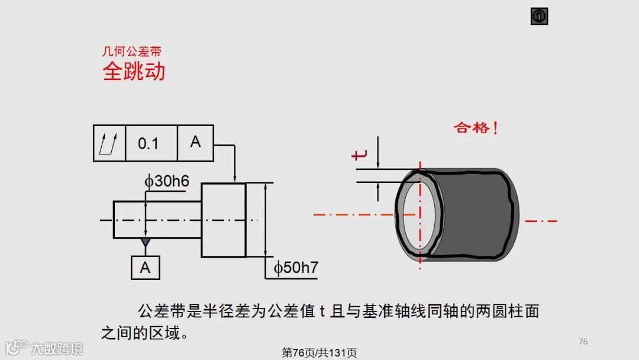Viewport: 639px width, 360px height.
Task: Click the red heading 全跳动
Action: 134,71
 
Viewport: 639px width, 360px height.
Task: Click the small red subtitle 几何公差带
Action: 131,52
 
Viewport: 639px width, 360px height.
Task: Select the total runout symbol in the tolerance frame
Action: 109,143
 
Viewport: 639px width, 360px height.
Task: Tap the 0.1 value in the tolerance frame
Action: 148,143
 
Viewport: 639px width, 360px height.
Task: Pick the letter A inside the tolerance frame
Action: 195,142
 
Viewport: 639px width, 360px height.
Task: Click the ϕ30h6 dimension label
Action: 167,181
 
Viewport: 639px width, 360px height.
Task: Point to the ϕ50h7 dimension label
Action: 296,268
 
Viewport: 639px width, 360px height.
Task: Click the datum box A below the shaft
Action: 145,268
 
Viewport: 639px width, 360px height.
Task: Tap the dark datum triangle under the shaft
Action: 145,243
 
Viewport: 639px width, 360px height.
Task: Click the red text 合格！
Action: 476,127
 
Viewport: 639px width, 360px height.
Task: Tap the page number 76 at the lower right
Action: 583,342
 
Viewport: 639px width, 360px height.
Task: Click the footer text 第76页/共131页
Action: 319,353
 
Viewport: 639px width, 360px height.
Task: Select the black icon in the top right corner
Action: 539,17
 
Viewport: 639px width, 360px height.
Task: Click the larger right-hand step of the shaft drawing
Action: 223,220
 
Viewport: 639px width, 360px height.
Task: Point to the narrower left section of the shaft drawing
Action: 157,220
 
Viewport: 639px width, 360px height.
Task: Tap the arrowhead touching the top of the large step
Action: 235,178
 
